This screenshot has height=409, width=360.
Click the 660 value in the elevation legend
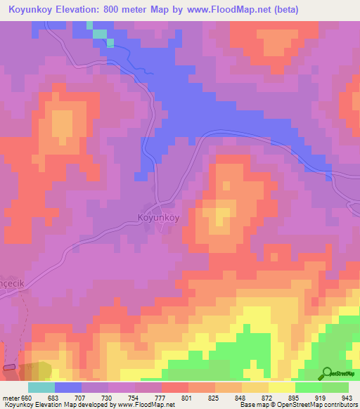point(27,398)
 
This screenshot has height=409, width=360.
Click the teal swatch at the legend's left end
point(41,387)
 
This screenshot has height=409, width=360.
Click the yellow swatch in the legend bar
point(281,387)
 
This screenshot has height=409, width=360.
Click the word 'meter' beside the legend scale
point(11,398)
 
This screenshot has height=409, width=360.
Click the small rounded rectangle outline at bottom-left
point(9,367)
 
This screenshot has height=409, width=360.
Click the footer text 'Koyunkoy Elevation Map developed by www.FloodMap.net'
point(87,405)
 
